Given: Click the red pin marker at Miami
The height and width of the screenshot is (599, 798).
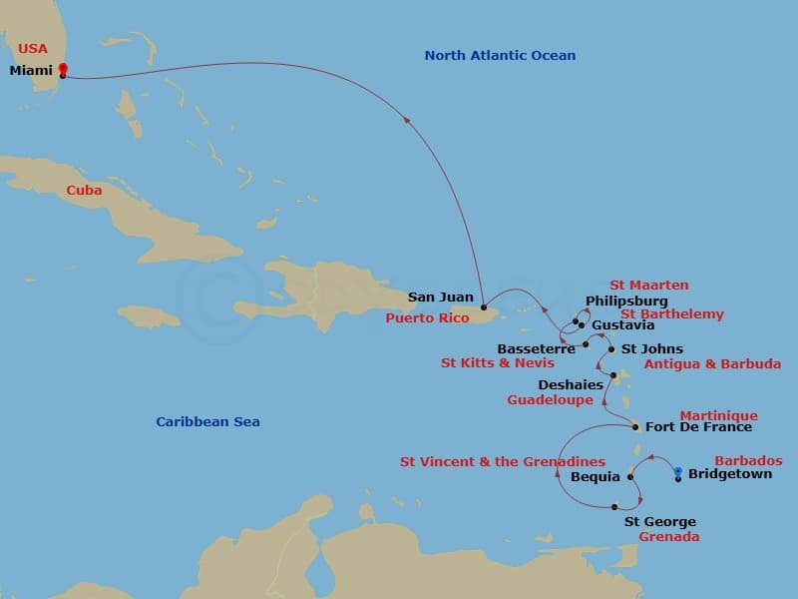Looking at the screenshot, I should [63, 69].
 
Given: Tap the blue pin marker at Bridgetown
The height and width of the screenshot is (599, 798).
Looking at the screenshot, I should [678, 472].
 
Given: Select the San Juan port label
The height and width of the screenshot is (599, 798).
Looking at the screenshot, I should [441, 298].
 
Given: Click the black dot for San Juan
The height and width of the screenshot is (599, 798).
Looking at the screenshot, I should [483, 306].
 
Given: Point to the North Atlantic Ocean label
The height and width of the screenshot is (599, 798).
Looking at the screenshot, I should [500, 56].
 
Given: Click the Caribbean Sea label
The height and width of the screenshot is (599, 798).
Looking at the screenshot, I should [207, 422].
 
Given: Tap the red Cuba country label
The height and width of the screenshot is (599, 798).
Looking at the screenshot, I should [84, 190].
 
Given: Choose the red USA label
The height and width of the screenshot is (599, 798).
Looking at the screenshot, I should [32, 48].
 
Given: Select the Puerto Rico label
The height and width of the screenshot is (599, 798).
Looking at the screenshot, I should [426, 318].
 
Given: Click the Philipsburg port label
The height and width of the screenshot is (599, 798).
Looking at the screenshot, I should [626, 300].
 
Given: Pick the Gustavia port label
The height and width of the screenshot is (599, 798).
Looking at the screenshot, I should [622, 325].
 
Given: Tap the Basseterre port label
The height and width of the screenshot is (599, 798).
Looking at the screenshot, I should [536, 349].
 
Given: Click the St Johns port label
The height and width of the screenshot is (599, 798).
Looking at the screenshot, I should [651, 349].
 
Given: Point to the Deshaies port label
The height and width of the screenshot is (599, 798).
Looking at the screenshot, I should [571, 385].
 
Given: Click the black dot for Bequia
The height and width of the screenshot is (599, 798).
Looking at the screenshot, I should [630, 477].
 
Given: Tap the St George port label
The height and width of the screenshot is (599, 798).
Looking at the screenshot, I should [659, 522].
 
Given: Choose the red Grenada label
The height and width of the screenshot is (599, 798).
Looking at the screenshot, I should [668, 537].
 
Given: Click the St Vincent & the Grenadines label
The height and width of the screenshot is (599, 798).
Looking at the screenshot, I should [502, 462].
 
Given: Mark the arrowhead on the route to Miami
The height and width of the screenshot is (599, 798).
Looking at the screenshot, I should [406, 119].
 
